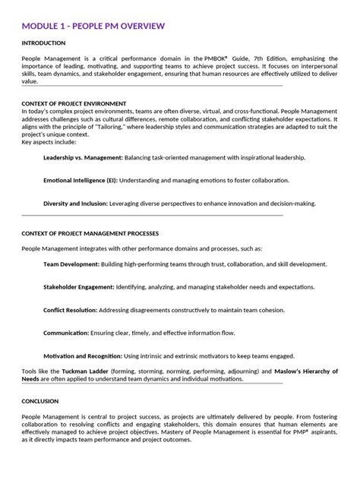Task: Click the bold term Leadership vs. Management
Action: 83,157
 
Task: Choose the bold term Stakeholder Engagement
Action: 79,288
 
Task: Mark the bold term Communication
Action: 66,333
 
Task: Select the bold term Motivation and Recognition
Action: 82,356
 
